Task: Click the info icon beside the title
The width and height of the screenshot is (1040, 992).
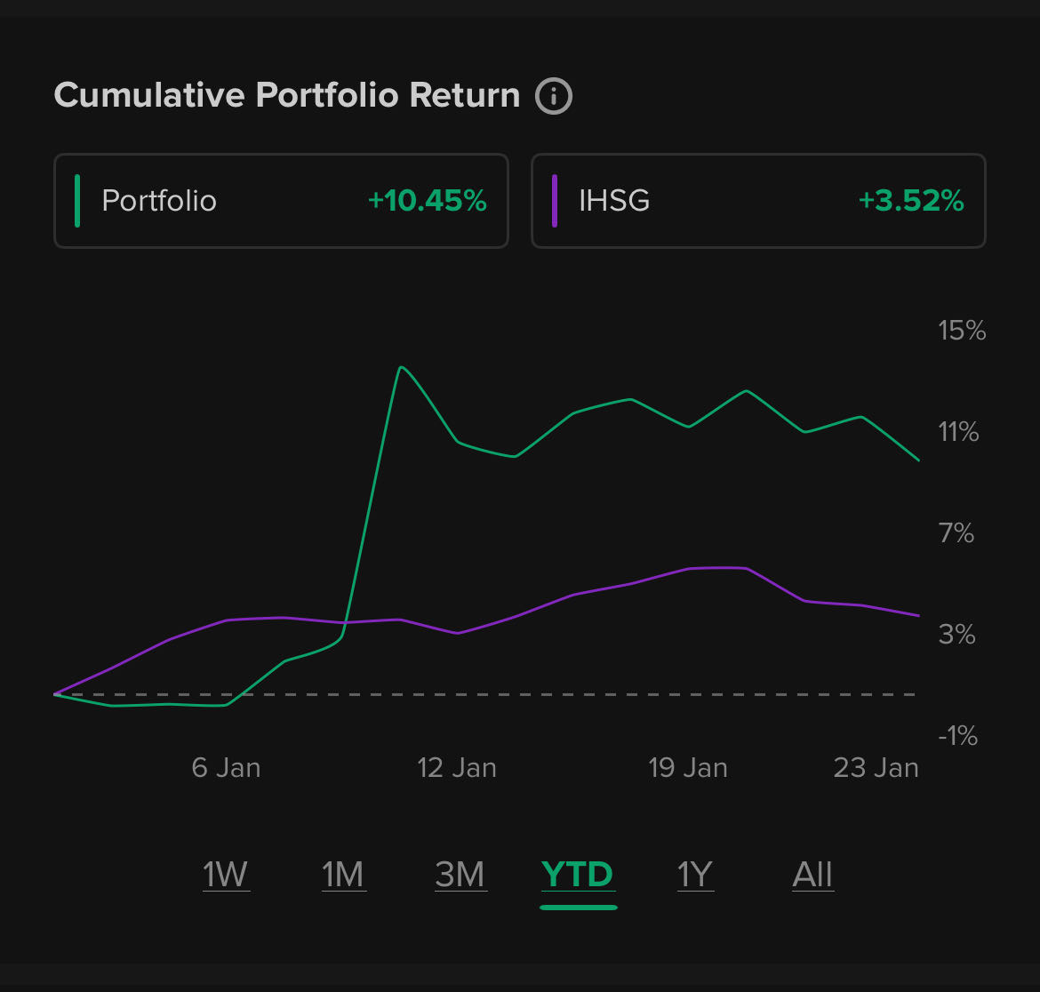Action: (553, 95)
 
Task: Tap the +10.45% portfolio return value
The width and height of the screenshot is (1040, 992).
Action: (427, 201)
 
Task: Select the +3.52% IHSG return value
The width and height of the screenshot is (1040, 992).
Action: (911, 201)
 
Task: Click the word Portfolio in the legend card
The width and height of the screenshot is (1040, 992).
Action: (159, 201)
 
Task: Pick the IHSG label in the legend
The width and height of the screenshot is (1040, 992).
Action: (614, 201)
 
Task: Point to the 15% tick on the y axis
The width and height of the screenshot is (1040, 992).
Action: (962, 331)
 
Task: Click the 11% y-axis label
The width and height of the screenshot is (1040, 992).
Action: (958, 432)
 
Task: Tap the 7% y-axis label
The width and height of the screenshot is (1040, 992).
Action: (956, 533)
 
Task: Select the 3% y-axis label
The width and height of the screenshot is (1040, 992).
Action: (956, 635)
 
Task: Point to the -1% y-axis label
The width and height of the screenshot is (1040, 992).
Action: (956, 736)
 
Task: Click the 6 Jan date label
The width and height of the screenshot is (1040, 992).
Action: (226, 768)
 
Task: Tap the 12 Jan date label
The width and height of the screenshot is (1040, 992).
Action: (457, 768)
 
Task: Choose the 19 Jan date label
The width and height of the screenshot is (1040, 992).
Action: (688, 768)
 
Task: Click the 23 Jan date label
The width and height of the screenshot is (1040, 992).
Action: (876, 768)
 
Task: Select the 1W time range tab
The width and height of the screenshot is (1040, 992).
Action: (226, 876)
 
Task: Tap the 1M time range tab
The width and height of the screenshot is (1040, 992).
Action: (343, 876)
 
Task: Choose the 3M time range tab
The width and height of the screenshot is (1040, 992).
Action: (460, 876)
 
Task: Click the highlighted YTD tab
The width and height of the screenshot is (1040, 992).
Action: (578, 876)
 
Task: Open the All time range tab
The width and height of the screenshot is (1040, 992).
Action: (812, 876)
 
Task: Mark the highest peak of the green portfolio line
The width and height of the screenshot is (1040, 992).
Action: (401, 367)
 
